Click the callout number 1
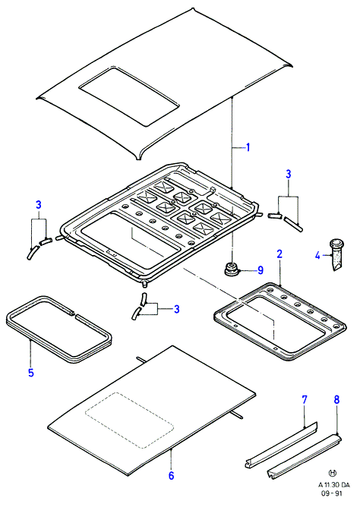(x=248, y=148)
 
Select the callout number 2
(x=279, y=253)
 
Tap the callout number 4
(x=317, y=256)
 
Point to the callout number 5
(x=30, y=373)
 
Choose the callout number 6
(x=171, y=475)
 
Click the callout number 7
(x=305, y=400)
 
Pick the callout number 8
(x=336, y=400)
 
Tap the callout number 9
(x=261, y=270)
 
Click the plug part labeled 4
(x=336, y=254)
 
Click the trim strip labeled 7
(x=281, y=446)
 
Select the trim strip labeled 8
(x=304, y=456)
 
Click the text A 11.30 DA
(x=333, y=485)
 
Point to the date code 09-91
(x=331, y=493)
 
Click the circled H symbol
(x=332, y=474)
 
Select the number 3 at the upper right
(x=288, y=174)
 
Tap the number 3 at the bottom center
(x=176, y=309)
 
